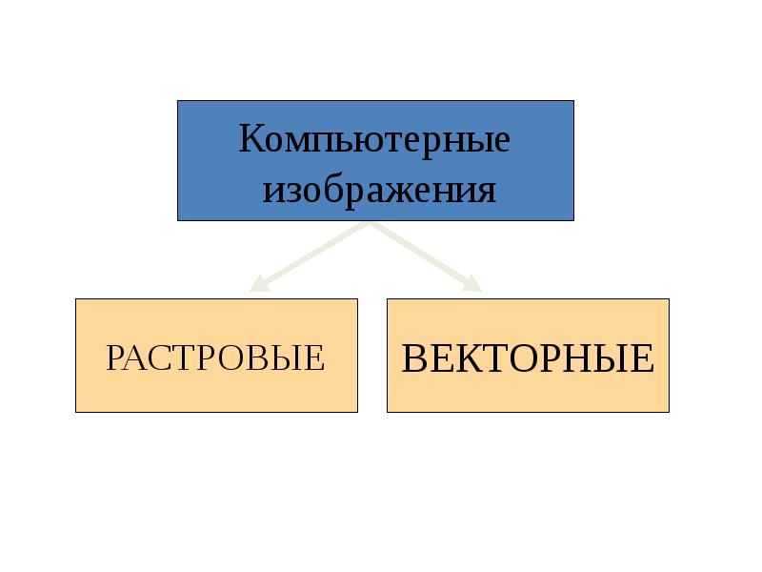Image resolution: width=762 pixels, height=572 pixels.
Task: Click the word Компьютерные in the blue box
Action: tap(374, 140)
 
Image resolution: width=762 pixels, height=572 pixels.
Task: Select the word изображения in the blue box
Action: tap(379, 190)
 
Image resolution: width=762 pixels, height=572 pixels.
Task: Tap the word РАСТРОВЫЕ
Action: tap(215, 357)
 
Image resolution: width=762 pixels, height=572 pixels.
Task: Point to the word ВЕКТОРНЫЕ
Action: tap(528, 358)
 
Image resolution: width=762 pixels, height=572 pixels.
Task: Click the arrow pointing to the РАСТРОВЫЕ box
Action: tap(309, 257)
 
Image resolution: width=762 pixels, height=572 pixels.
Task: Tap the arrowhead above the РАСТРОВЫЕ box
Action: tap(258, 284)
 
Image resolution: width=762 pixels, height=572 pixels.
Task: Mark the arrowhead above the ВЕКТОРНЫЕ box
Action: tap(472, 284)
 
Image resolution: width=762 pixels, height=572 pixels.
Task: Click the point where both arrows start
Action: tap(370, 223)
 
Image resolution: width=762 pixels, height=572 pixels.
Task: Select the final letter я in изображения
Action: tap(487, 192)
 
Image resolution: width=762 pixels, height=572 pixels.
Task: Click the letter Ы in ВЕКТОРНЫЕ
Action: tap(608, 358)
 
